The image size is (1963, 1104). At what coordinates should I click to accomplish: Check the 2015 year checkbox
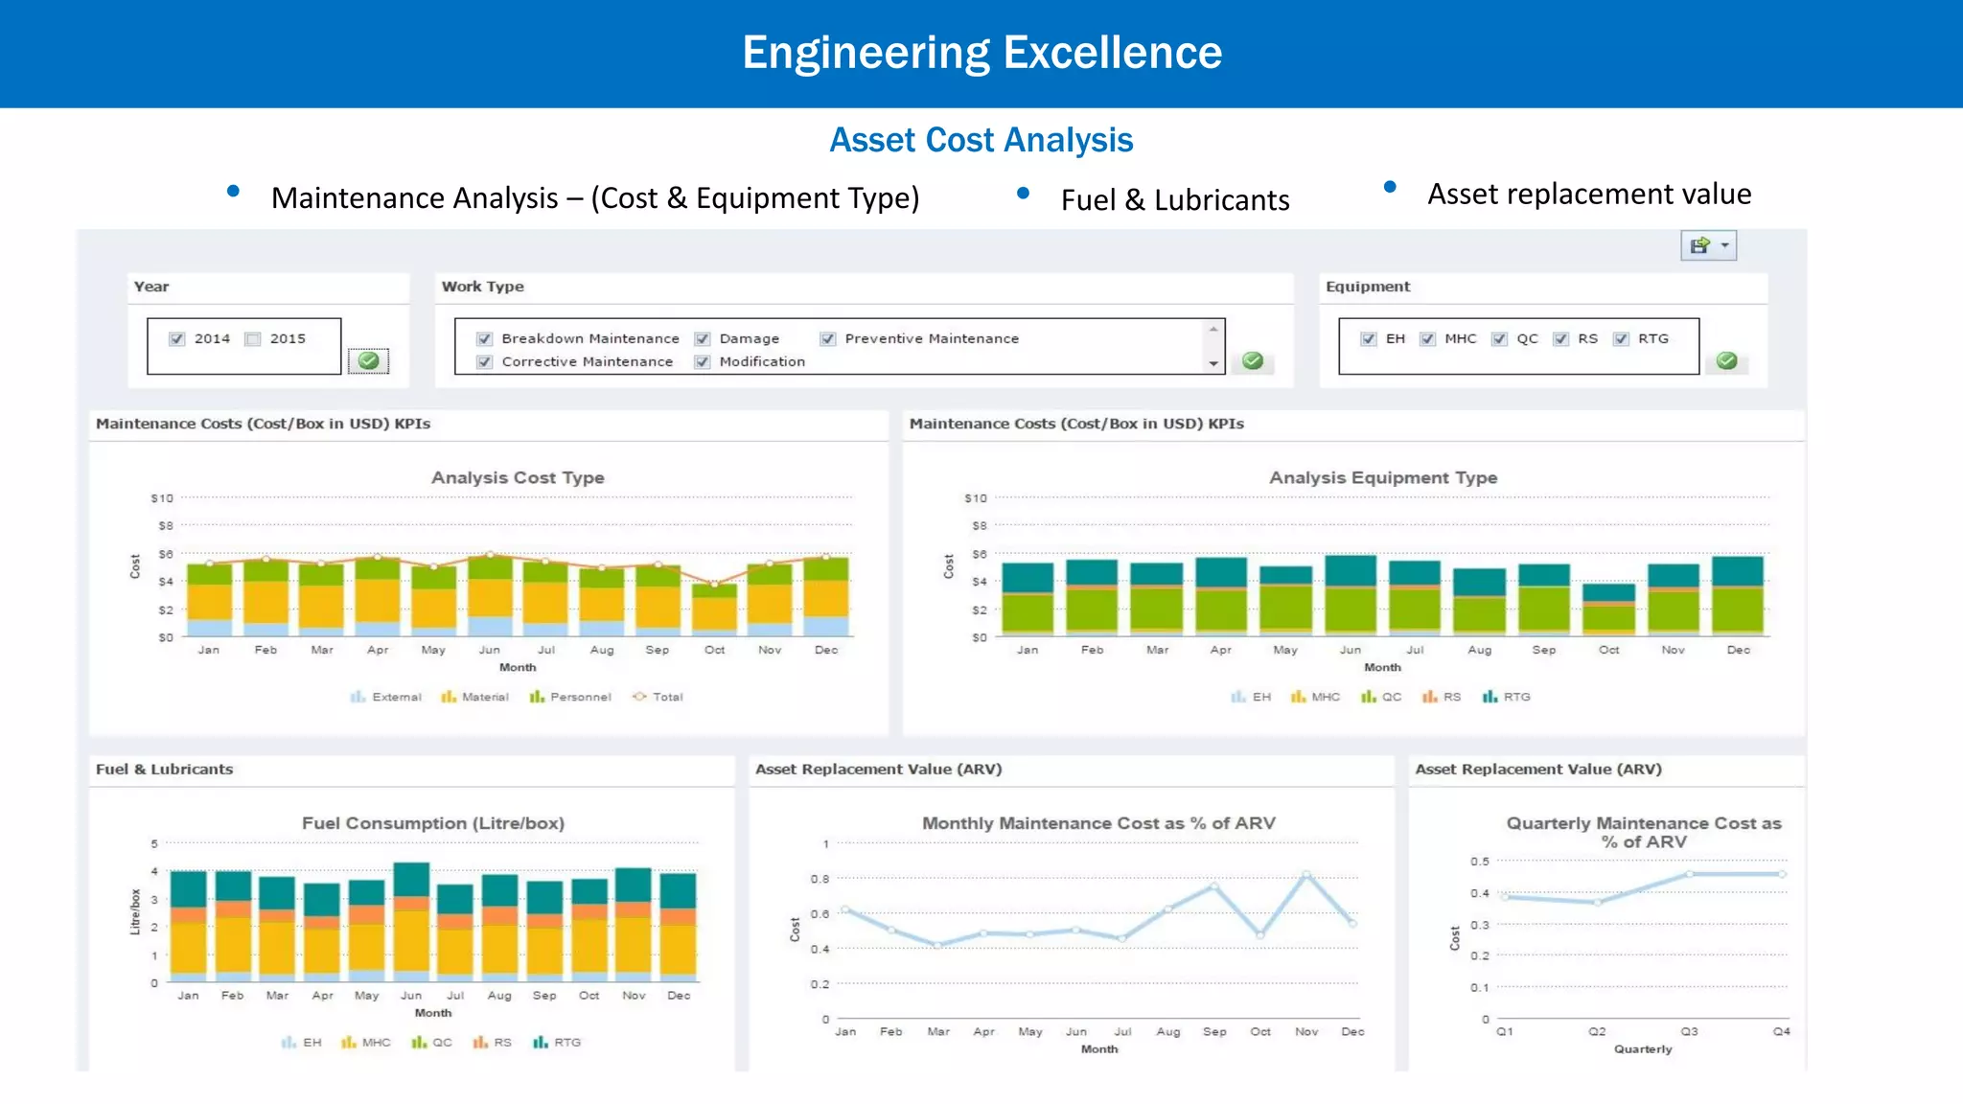tap(253, 339)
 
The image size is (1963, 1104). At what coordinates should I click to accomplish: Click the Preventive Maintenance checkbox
tap(828, 339)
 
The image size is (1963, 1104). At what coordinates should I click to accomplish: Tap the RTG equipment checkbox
tap(1621, 339)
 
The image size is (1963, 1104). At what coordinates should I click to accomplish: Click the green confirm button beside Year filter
tap(368, 361)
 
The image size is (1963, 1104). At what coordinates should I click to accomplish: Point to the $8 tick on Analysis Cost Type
tap(166, 526)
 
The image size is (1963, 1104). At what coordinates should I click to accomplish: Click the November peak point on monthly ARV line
tap(1306, 875)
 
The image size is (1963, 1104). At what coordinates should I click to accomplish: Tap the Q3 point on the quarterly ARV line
tap(1689, 874)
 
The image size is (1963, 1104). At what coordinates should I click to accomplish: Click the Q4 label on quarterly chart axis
tap(1781, 1031)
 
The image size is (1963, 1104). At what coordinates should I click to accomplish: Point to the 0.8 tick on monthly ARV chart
tap(820, 879)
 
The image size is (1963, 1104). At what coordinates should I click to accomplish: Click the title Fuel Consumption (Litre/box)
tap(433, 823)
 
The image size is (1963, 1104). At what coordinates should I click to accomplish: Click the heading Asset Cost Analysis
tap(981, 140)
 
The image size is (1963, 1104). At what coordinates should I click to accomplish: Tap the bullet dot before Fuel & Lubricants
tap(1023, 194)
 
